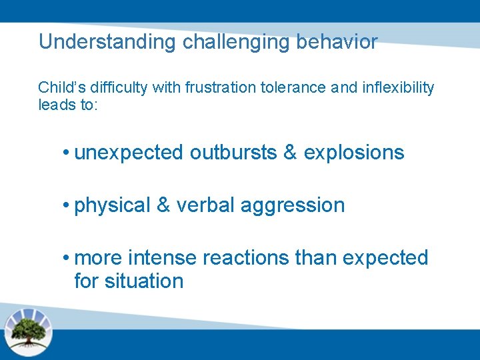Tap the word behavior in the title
click(x=338, y=42)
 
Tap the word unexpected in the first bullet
click(x=129, y=153)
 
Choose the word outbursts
click(x=233, y=153)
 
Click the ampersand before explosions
click(x=290, y=153)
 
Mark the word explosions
click(x=354, y=153)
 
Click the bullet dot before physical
click(x=67, y=205)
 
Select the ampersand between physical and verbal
click(x=163, y=205)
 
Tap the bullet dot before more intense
click(x=67, y=258)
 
